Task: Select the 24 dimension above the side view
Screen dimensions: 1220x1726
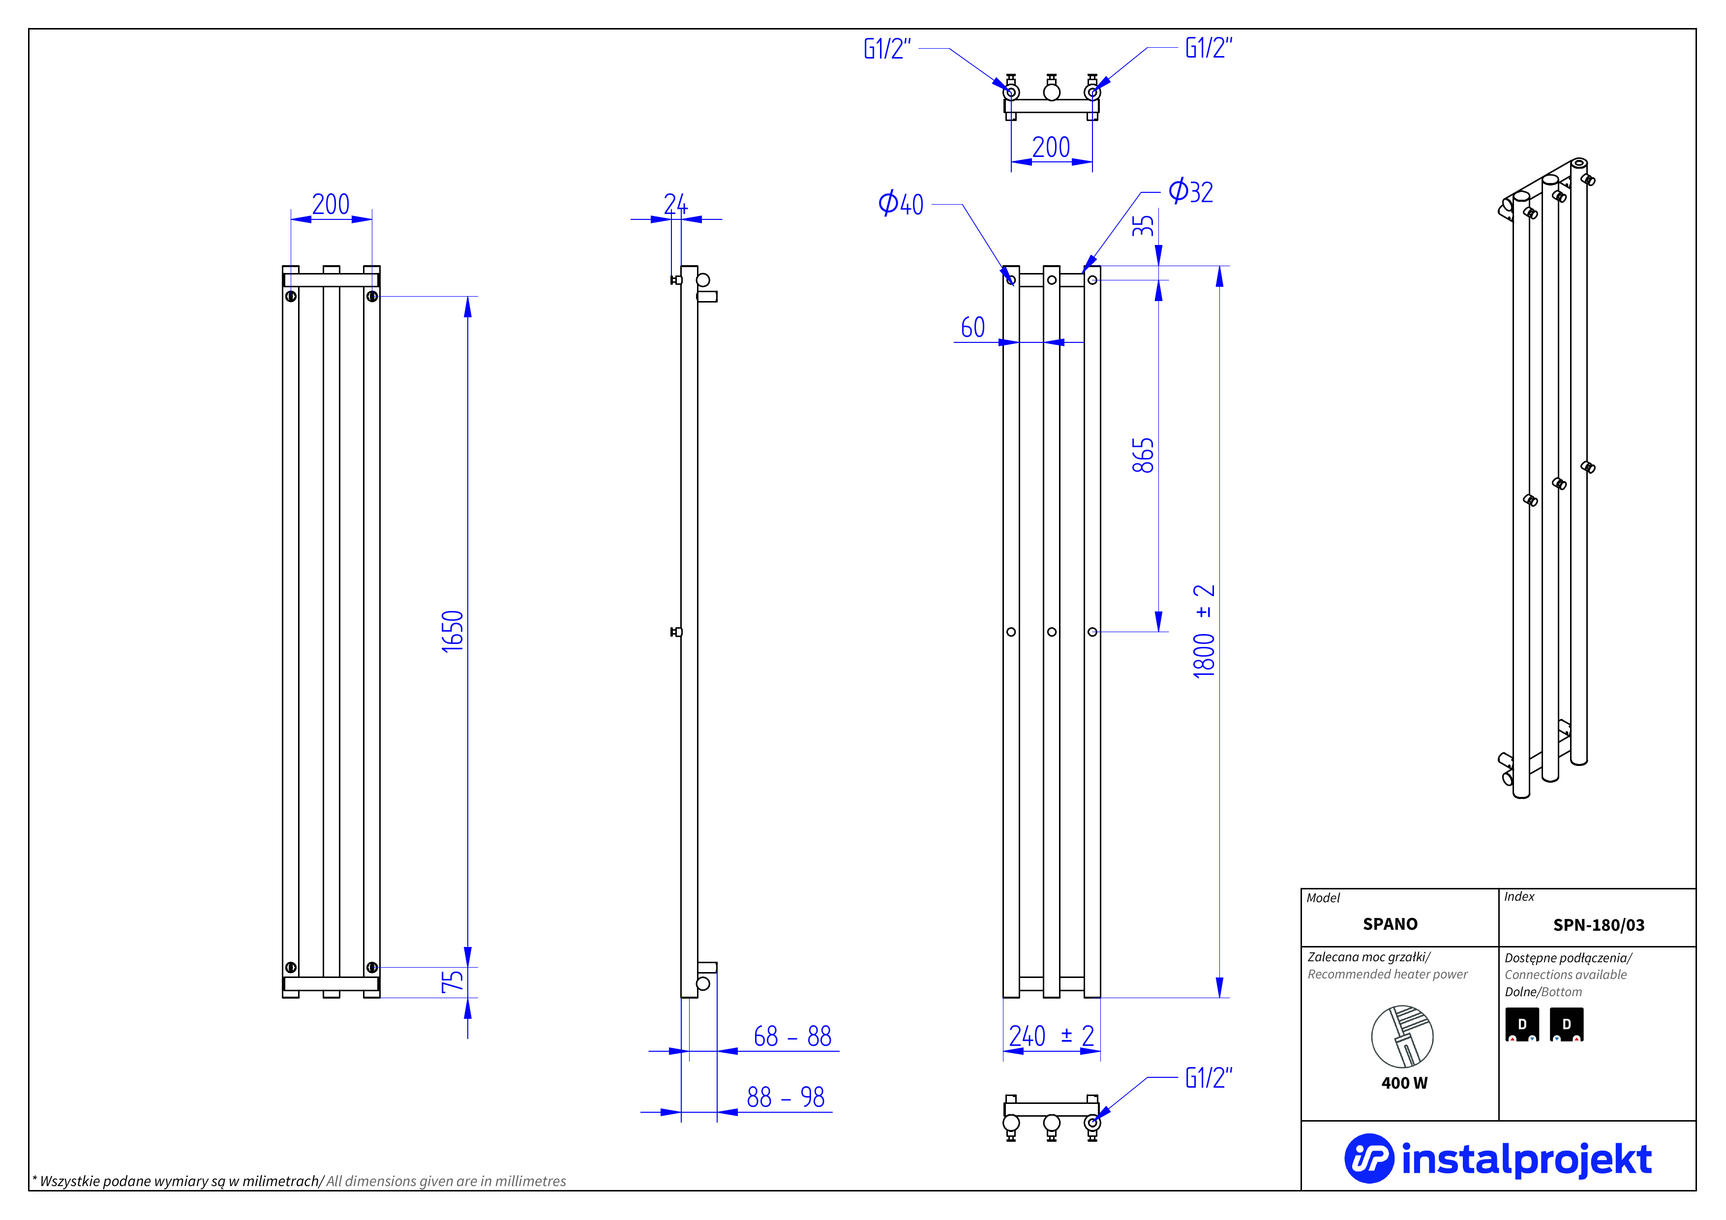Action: pyautogui.click(x=675, y=204)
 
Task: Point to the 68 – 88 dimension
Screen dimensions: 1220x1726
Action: pyautogui.click(x=792, y=1037)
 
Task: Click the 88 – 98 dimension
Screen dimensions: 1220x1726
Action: pyautogui.click(x=786, y=1098)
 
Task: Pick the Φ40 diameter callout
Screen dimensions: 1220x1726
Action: pyautogui.click(x=901, y=204)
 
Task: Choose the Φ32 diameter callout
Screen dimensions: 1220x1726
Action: pyautogui.click(x=1191, y=192)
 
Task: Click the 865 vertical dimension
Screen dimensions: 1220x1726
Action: pyautogui.click(x=1143, y=456)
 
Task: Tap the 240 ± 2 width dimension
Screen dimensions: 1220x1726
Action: pyautogui.click(x=1051, y=1037)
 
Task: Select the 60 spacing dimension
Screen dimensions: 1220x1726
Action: pyautogui.click(x=973, y=328)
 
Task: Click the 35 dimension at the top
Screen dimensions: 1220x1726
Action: pyautogui.click(x=1143, y=225)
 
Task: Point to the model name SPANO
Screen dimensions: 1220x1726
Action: pyautogui.click(x=1390, y=924)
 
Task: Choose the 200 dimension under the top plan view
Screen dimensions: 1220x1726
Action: pyautogui.click(x=1051, y=147)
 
